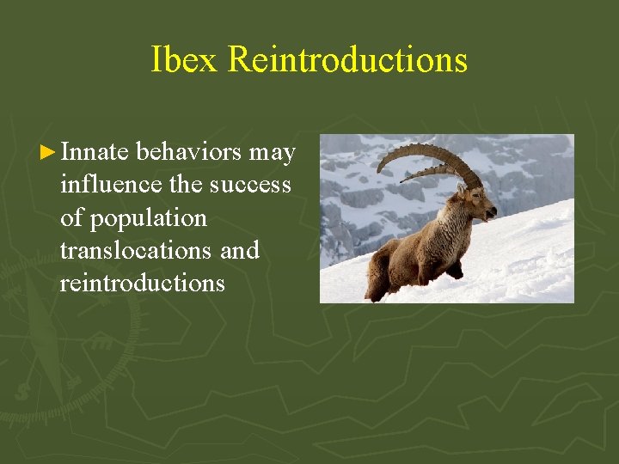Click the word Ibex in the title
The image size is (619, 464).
pyautogui.click(x=186, y=60)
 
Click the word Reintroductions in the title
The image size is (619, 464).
pyautogui.click(x=348, y=60)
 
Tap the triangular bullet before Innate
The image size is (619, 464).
pyautogui.click(x=50, y=153)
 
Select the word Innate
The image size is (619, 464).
pyautogui.click(x=95, y=152)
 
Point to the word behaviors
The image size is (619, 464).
pyautogui.click(x=188, y=152)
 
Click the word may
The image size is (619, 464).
pyautogui.click(x=272, y=152)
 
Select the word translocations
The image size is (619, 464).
pyautogui.click(x=135, y=250)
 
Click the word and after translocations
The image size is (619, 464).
pyautogui.click(x=240, y=250)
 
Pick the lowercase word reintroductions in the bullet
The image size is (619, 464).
pyautogui.click(x=142, y=283)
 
